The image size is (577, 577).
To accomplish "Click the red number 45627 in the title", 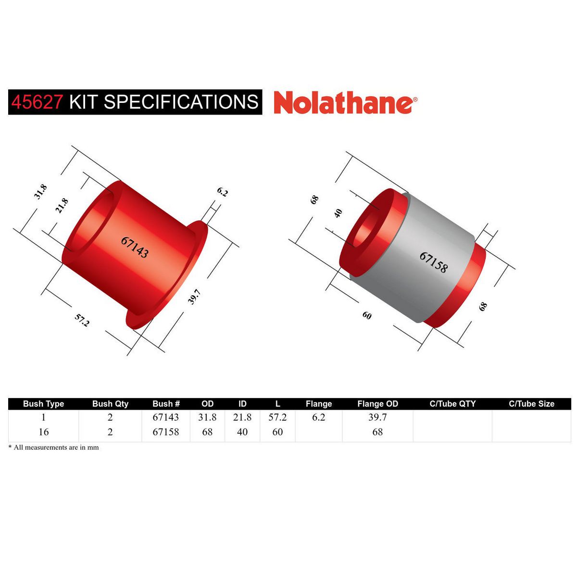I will pyautogui.click(x=37, y=102).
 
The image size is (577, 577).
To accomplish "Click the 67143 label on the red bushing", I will pyautogui.click(x=135, y=247).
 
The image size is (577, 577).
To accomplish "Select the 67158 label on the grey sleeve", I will pyautogui.click(x=433, y=263).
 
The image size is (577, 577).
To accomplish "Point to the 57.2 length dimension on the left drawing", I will pyautogui.click(x=82, y=320).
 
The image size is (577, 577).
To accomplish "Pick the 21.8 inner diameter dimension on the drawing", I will pyautogui.click(x=62, y=206).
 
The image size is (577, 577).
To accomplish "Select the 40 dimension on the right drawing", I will pyautogui.click(x=338, y=213).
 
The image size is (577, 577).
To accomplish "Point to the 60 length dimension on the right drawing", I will pyautogui.click(x=367, y=316).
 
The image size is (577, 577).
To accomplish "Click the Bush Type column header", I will pyautogui.click(x=43, y=404).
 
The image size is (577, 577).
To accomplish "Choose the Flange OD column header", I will pyautogui.click(x=377, y=404).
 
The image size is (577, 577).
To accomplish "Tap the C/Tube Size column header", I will pyautogui.click(x=531, y=404).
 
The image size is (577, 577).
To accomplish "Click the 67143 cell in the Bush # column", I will pyautogui.click(x=165, y=417).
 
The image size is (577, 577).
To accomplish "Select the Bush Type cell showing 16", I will pyautogui.click(x=43, y=432).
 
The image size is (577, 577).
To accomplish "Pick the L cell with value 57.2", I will pyautogui.click(x=277, y=417).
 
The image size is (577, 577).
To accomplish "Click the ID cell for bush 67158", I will pyautogui.click(x=242, y=432).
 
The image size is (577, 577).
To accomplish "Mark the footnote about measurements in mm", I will pyautogui.click(x=54, y=447).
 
